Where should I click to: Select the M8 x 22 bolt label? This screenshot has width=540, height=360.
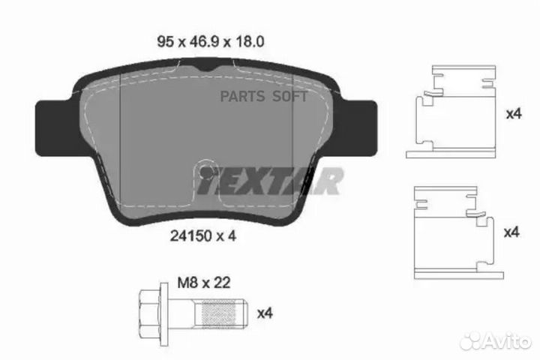click(202, 283)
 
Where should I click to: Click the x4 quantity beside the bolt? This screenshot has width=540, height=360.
click(265, 312)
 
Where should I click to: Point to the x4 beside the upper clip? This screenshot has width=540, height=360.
click(513, 115)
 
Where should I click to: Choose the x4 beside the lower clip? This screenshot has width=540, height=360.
click(513, 233)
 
